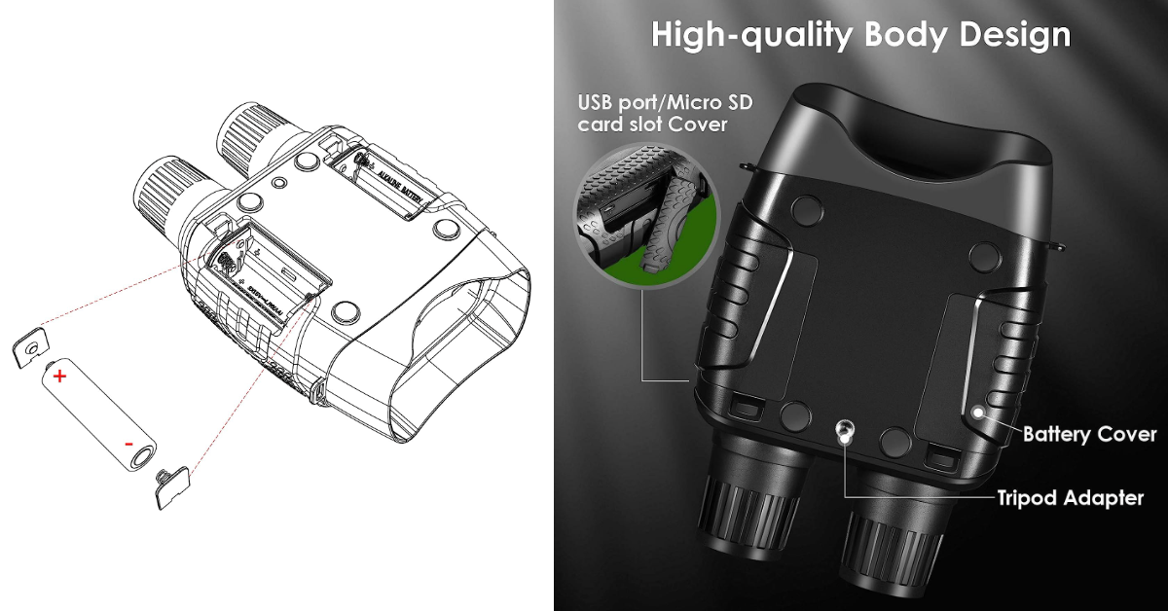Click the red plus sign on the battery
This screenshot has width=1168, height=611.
click(x=59, y=377)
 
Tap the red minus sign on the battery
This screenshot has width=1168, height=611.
click(x=128, y=444)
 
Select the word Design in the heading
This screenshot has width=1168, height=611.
click(x=1014, y=35)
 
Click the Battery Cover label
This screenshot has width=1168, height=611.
click(x=1089, y=434)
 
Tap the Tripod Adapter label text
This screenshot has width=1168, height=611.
click(x=1070, y=498)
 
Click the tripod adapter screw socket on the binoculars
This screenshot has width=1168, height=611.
click(x=845, y=430)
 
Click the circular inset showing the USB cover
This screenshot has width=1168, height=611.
click(x=642, y=213)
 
